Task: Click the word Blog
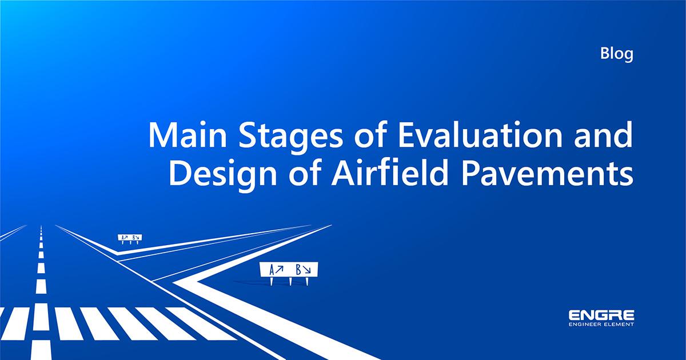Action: point(617,55)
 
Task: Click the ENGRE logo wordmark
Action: point(601,315)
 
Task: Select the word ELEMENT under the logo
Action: point(620,325)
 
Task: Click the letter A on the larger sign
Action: point(272,269)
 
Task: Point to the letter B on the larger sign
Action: point(299,269)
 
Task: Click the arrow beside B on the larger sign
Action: point(308,269)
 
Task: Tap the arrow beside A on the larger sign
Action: point(280,269)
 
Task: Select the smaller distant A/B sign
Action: point(130,237)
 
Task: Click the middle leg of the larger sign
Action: point(291,281)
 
